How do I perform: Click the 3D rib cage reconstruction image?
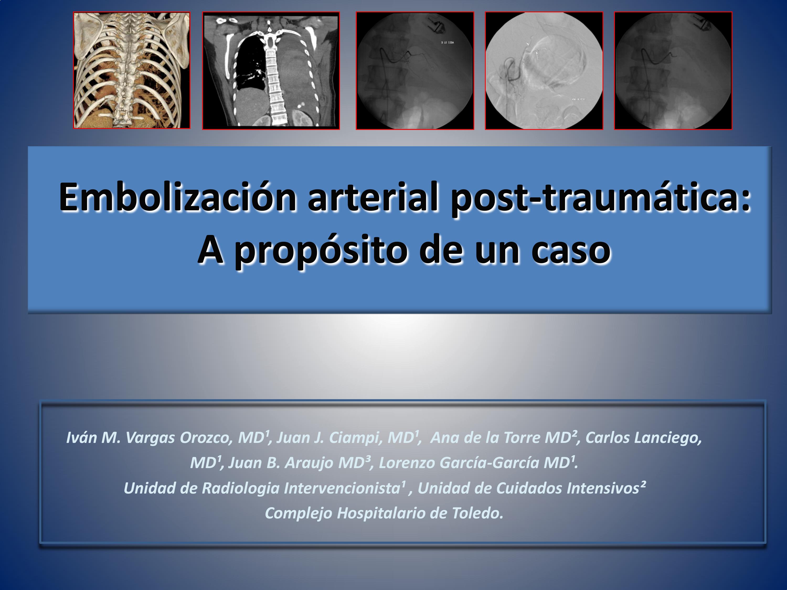coord(132,70)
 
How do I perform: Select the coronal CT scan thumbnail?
coord(271,71)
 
